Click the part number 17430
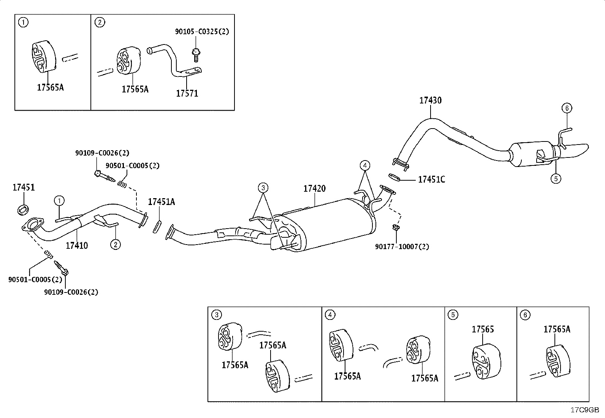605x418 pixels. click(x=430, y=100)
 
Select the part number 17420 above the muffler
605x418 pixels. click(x=314, y=188)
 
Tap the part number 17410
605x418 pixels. click(x=77, y=245)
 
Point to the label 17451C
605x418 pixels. click(x=432, y=179)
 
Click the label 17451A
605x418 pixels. click(x=161, y=202)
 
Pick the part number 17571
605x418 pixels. click(x=187, y=93)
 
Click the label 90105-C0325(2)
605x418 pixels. click(x=202, y=32)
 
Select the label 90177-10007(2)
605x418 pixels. click(x=402, y=246)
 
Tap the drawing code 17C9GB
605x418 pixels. click(x=584, y=410)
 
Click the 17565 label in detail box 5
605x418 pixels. click(x=483, y=329)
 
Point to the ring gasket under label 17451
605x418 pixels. click(x=23, y=210)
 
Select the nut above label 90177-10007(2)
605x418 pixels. click(x=396, y=227)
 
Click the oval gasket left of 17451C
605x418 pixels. click(x=394, y=177)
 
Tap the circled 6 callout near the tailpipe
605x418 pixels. click(x=567, y=108)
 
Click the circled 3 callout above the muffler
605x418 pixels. click(x=263, y=188)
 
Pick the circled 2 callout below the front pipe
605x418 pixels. click(x=115, y=245)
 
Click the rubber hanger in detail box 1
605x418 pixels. click(x=44, y=57)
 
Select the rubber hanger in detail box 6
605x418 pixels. click(x=558, y=361)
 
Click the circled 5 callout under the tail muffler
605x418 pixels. click(x=556, y=178)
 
